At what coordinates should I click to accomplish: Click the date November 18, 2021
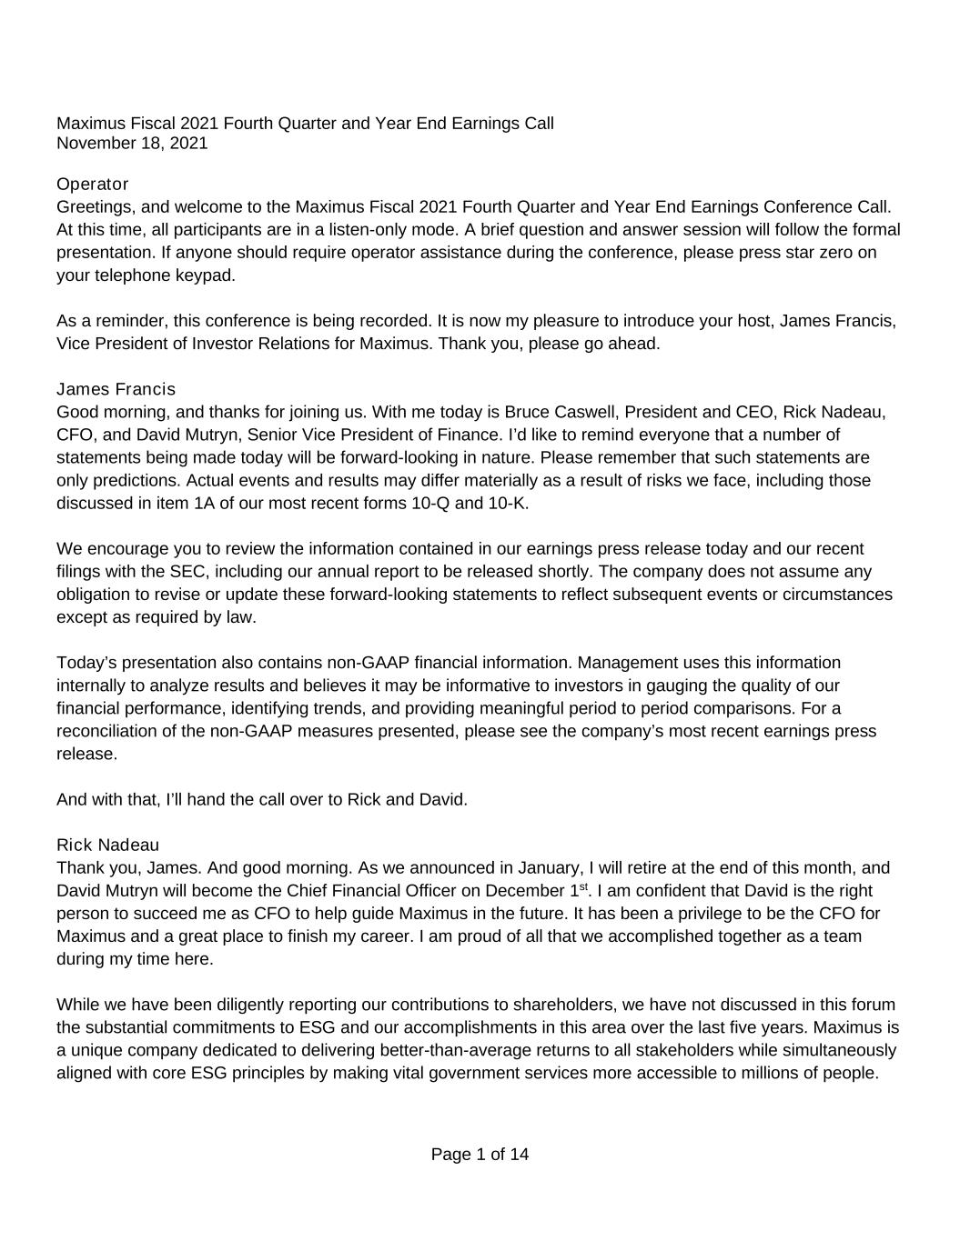coord(132,143)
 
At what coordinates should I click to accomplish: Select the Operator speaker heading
coord(93,184)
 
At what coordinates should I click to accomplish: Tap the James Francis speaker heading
coord(116,389)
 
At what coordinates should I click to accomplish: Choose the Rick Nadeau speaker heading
coord(107,845)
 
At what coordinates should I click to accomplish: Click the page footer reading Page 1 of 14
coord(480,1155)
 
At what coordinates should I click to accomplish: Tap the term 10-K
coord(509,503)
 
